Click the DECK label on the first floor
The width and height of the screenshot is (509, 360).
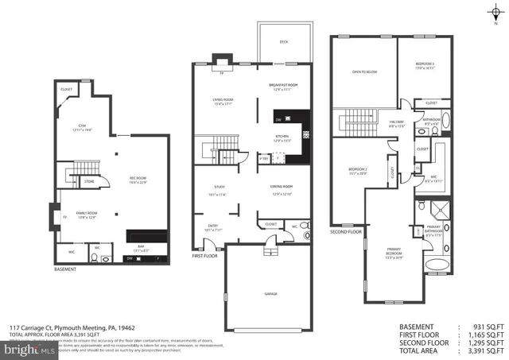(282, 42)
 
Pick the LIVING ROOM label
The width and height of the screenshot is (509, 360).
(222, 100)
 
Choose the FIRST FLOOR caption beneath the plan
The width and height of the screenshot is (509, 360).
(204, 256)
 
